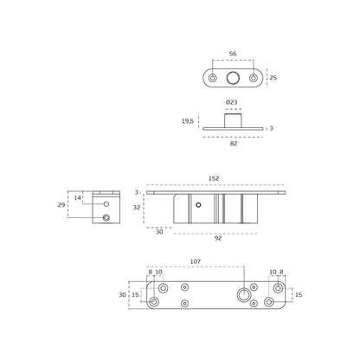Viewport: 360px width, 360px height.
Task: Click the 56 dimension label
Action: (233, 54)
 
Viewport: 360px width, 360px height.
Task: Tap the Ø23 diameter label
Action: (231, 102)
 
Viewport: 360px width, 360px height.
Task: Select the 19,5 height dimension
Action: (188, 121)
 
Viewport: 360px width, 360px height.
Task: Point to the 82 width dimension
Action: (234, 144)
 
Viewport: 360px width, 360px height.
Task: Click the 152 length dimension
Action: (214, 178)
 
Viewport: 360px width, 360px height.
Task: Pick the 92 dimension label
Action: (218, 238)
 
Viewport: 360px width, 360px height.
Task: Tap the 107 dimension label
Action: (196, 261)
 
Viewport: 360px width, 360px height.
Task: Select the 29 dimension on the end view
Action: (61, 205)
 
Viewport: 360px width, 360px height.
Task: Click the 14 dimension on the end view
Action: (77, 198)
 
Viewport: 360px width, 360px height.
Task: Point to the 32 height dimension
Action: (137, 208)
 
